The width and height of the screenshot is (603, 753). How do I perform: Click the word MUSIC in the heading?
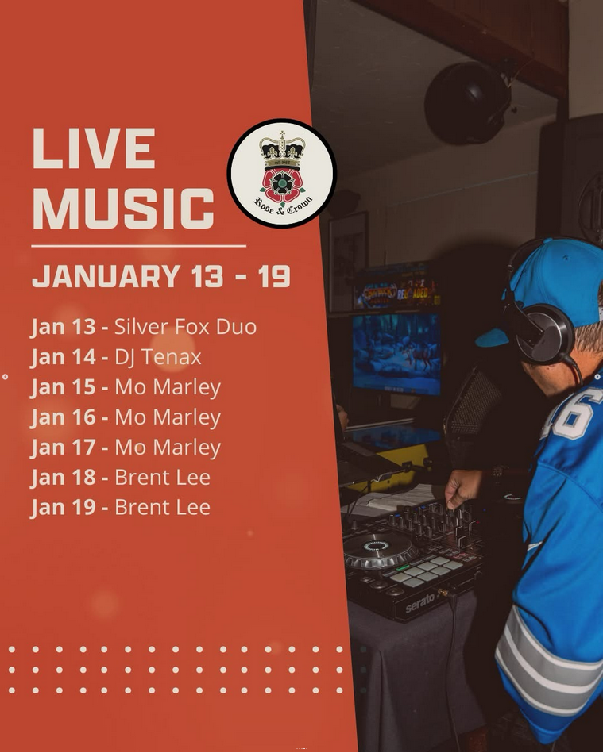pos(123,208)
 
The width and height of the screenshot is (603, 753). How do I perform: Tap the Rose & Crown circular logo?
pos(282,173)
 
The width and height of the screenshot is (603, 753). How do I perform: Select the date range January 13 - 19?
pos(161,276)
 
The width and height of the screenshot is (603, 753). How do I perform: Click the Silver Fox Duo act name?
pos(186,327)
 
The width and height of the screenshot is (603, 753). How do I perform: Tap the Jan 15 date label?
pos(63,387)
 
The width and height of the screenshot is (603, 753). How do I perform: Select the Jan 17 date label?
pos(63,447)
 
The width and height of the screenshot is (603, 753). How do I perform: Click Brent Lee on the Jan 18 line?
pos(163,478)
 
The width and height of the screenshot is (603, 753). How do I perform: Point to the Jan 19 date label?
pos(63,507)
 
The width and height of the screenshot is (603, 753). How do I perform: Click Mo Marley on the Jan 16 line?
pos(168,417)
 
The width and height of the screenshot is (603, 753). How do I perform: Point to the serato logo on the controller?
pos(419,603)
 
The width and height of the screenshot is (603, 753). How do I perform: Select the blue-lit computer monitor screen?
pos(396,353)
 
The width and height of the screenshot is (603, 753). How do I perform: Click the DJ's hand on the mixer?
pos(462,487)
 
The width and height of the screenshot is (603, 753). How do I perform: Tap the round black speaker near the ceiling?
pos(466,103)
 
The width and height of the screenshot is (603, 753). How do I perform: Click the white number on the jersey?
pos(572,413)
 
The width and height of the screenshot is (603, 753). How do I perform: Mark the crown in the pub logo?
pos(282,148)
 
